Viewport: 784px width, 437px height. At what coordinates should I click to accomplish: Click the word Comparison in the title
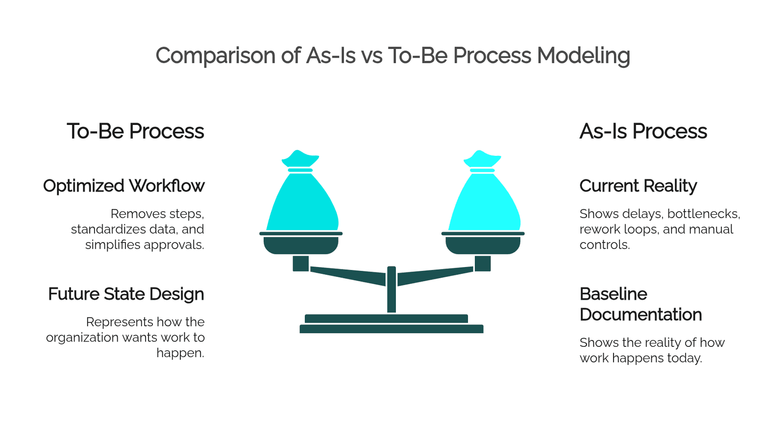click(216, 55)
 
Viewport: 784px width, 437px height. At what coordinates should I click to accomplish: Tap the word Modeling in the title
click(584, 56)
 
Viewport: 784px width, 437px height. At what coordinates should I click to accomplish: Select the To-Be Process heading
click(135, 131)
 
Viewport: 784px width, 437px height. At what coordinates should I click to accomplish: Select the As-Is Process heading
click(643, 131)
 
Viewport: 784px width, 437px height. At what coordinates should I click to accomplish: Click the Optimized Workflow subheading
click(123, 186)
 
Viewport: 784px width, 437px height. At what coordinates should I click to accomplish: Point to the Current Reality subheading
click(638, 186)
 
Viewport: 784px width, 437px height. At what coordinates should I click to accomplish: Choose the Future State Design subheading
click(126, 294)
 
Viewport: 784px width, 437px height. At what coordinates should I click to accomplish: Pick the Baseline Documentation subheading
click(640, 304)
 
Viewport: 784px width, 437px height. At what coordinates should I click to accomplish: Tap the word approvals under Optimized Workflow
click(174, 245)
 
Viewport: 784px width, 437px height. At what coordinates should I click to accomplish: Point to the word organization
click(82, 338)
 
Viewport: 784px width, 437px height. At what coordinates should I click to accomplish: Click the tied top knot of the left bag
click(300, 159)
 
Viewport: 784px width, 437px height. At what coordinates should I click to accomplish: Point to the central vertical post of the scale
click(392, 290)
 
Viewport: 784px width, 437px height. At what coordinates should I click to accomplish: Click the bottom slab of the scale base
click(392, 329)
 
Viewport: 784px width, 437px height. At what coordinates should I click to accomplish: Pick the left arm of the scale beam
click(348, 276)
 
